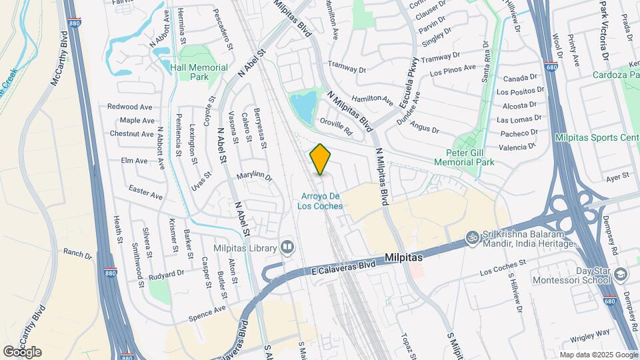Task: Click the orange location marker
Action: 321,159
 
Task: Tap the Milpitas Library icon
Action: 287,247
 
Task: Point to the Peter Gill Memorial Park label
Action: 464,157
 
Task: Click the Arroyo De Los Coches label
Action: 321,201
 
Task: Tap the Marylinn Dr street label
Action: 255,177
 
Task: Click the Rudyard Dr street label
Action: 166,273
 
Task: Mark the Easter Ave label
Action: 146,193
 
